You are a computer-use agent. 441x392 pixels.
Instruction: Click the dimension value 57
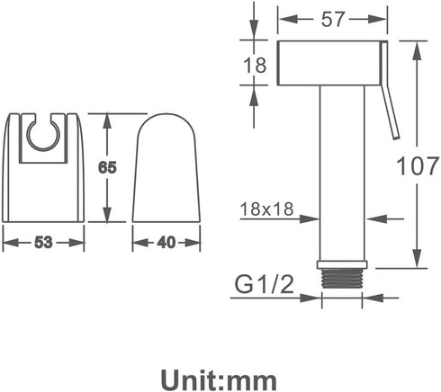(332, 20)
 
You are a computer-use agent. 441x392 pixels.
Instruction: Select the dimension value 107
(418, 165)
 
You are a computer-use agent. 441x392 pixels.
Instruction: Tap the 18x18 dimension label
(266, 209)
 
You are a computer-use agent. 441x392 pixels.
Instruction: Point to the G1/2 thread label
(264, 284)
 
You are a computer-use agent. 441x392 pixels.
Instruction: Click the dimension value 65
(107, 168)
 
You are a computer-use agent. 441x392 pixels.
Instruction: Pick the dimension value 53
(43, 242)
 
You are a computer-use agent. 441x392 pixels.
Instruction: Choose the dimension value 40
(166, 243)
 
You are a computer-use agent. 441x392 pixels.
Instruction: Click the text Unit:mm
(219, 380)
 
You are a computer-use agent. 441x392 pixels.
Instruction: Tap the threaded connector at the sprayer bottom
(342, 278)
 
